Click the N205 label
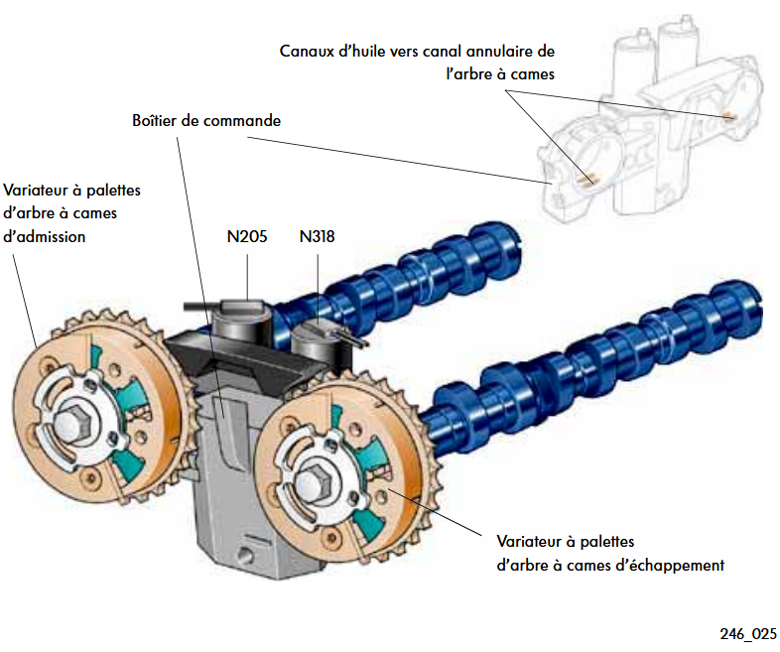[247, 236]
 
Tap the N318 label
[317, 236]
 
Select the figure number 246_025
[747, 633]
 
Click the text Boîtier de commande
[206, 120]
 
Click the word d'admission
[45, 236]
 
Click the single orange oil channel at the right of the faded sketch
[728, 117]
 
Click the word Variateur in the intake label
[34, 190]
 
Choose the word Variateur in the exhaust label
[528, 541]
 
